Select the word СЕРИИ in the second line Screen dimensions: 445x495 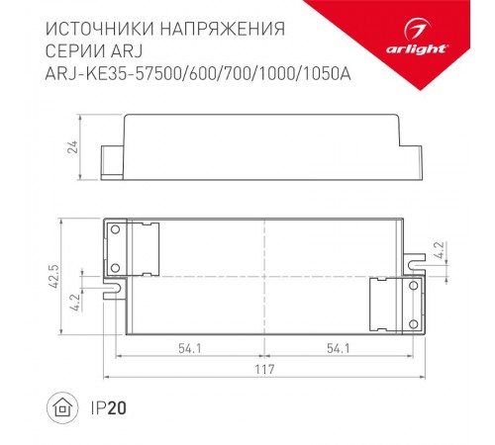pyautogui.click(x=78, y=48)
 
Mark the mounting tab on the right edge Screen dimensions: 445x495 pyautogui.click(x=413, y=259)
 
